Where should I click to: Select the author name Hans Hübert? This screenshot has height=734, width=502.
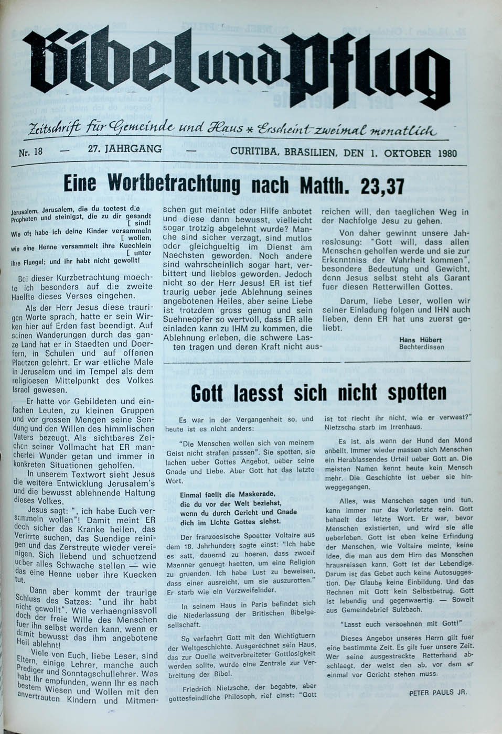pos(421,340)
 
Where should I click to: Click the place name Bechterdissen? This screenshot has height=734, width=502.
pos(421,347)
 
